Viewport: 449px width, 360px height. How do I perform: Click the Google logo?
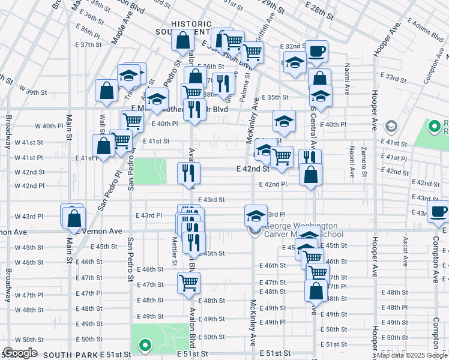[20, 353]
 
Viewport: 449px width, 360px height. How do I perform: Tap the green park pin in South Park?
[144, 346]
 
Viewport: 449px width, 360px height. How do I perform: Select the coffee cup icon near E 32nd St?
[316, 51]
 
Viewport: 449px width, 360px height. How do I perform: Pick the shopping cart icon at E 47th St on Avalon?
[188, 282]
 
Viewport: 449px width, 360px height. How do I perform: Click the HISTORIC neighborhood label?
[191, 23]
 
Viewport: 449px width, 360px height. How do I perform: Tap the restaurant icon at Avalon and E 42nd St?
[188, 173]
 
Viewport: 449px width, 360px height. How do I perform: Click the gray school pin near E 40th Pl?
[391, 126]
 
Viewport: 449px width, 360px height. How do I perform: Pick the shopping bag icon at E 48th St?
[315, 291]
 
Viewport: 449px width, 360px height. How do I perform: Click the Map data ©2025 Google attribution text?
[411, 355]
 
